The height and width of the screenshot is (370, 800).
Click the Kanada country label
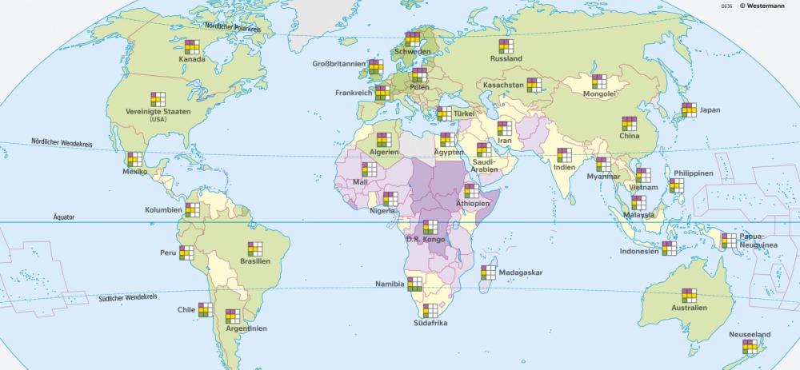coord(191,59)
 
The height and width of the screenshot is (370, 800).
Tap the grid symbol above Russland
coord(506,46)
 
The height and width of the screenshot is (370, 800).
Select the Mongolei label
coord(599,93)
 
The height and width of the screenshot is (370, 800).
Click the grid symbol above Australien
coord(689,294)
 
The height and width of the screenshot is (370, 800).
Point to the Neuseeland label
coord(750,334)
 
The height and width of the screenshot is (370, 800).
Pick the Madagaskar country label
coord(520,273)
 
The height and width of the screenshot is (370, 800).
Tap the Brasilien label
coord(255,261)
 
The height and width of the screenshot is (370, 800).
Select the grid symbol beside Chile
coord(206,309)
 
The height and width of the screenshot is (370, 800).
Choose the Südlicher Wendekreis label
coord(127,297)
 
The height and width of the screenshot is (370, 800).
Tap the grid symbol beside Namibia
coord(415,284)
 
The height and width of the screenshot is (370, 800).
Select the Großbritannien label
coord(339,64)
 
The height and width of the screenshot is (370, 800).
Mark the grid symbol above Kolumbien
coord(192,209)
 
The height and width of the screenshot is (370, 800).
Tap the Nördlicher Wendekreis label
coord(62,141)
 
